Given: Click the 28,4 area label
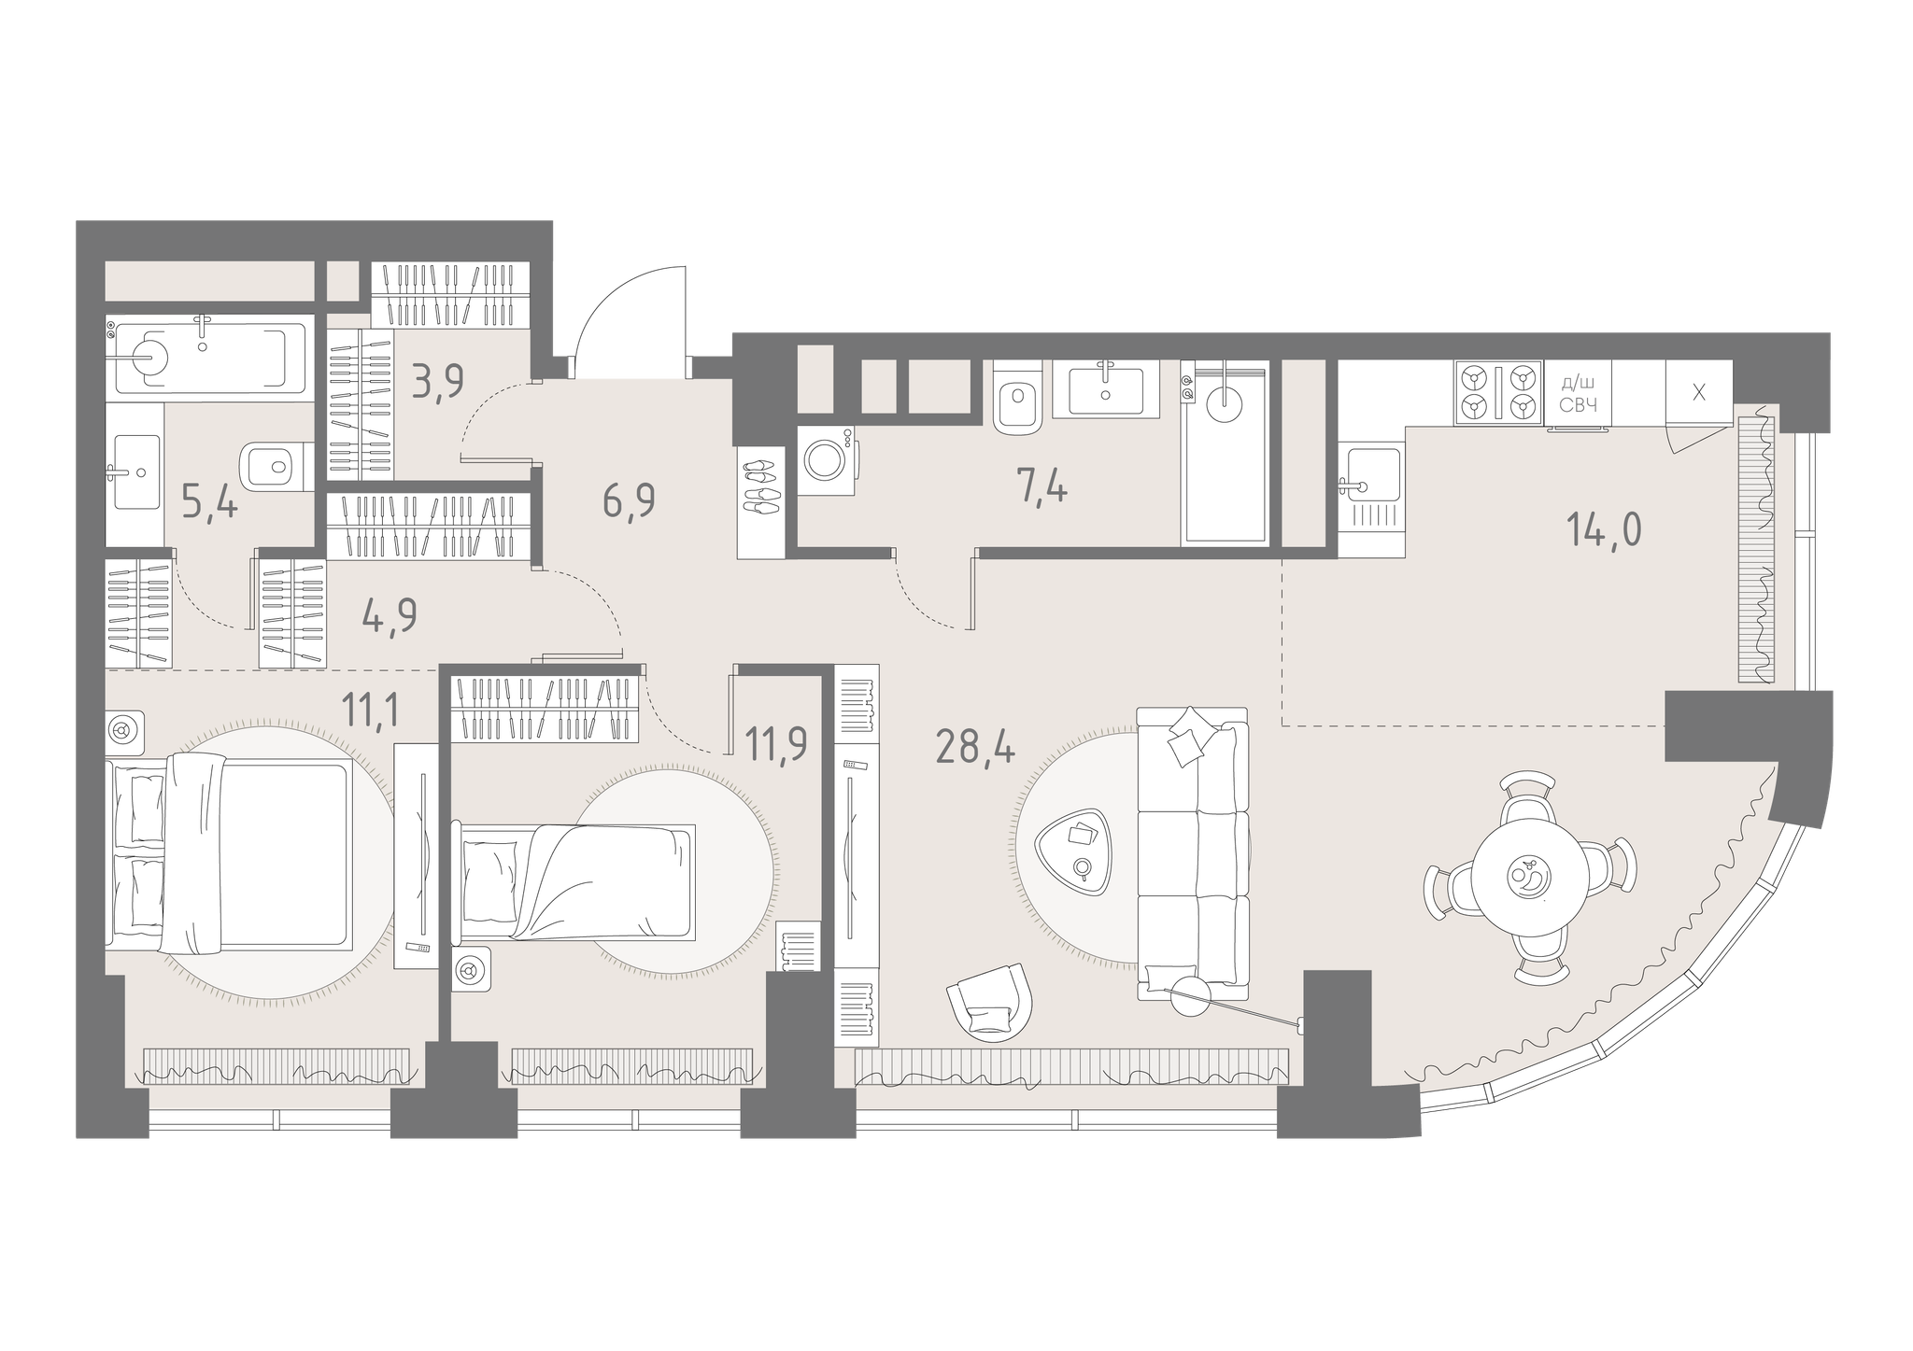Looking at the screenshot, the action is coord(975,748).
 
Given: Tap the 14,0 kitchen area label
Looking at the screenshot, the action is coord(1603,530).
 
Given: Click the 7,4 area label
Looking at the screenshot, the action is coord(1042,486).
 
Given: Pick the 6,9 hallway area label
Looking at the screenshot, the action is coord(628,501).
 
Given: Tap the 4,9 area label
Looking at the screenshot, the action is coord(389,616).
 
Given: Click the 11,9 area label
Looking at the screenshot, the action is coord(776,745).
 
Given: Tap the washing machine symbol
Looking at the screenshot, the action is coord(827,460).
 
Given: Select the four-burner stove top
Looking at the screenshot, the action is coord(1498,393).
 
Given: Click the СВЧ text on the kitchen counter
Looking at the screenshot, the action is coord(1579,404).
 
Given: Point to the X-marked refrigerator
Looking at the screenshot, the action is coord(1699,394).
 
